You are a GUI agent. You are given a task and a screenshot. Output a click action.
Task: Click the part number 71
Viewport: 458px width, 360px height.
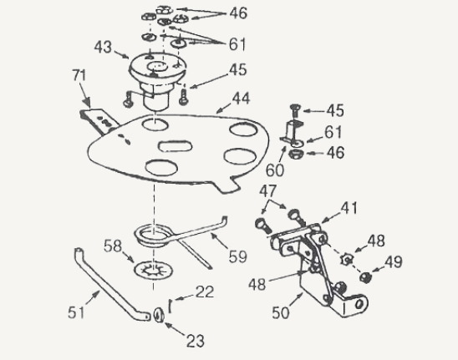click(x=79, y=76)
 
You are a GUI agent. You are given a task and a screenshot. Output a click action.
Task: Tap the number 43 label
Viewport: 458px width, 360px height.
click(x=103, y=48)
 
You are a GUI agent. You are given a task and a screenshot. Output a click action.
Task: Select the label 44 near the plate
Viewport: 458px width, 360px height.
click(x=241, y=99)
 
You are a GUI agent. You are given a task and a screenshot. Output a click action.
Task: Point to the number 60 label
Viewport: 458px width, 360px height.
click(x=275, y=170)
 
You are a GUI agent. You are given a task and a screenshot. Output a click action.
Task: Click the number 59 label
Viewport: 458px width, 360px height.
click(x=237, y=256)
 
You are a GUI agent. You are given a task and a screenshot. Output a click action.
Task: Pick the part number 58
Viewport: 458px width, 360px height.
click(x=113, y=246)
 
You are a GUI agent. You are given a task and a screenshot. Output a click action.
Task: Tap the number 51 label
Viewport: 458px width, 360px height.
click(x=76, y=312)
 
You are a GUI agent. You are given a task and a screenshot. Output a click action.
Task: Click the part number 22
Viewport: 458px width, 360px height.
click(x=205, y=292)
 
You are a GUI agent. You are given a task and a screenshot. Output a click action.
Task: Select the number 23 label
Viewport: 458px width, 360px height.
click(x=196, y=341)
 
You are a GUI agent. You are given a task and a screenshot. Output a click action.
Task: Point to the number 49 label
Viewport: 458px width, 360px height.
click(x=394, y=262)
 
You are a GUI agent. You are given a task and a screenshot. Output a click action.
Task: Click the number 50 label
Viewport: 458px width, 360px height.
click(x=281, y=312)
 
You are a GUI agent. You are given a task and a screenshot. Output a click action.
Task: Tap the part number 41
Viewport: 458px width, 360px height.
click(x=349, y=208)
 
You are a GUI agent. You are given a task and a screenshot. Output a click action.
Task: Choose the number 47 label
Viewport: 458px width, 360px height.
click(x=267, y=191)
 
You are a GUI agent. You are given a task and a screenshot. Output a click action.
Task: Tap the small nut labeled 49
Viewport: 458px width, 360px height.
click(x=365, y=276)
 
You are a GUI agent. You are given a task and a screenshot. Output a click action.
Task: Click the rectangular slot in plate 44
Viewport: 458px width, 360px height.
click(x=175, y=146)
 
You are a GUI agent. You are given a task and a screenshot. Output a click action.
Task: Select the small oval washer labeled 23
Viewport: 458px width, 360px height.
click(x=159, y=316)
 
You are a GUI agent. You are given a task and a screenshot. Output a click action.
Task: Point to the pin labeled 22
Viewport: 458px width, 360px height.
click(x=170, y=306)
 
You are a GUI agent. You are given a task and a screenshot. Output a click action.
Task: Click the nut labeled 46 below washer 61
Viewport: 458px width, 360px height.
click(x=296, y=154)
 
